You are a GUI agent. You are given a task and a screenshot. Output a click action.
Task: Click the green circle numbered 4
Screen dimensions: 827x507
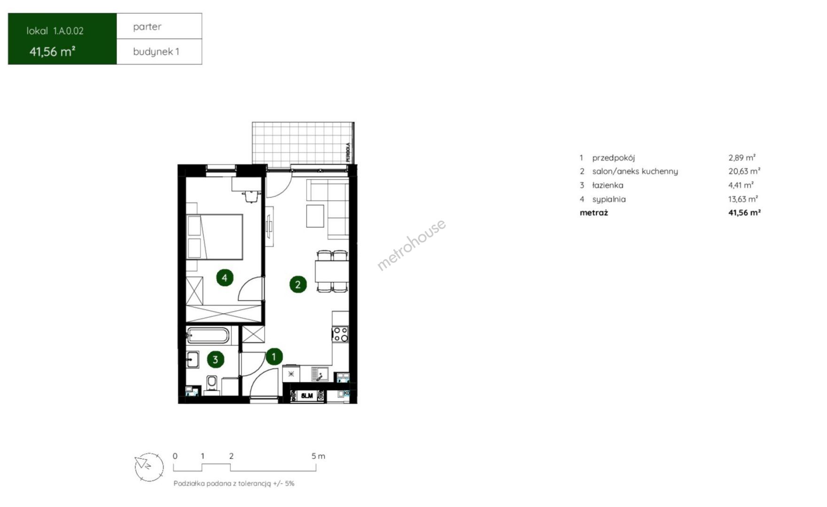point(225,278)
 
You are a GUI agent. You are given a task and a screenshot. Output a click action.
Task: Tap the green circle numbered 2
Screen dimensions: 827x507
point(298,284)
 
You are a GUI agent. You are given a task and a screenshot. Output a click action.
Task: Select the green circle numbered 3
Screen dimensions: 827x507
point(215,360)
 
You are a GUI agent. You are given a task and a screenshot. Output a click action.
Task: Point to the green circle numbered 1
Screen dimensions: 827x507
point(274,357)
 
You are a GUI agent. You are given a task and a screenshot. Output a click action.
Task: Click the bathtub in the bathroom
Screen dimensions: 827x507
point(208,336)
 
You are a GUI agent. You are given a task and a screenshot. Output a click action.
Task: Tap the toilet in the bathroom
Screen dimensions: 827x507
point(212,383)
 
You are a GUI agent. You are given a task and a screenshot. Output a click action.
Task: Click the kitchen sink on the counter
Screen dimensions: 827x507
point(320,375)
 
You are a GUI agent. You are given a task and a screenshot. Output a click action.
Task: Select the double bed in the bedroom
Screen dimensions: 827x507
point(215,237)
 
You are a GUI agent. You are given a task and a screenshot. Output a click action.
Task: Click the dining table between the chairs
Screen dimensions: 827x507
point(332,271)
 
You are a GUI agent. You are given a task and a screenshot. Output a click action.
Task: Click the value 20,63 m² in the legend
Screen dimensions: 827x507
point(744,171)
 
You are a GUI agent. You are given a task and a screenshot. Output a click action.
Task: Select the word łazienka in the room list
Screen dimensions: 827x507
point(608,185)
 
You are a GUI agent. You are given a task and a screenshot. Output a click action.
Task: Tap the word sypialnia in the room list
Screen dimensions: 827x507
point(609,200)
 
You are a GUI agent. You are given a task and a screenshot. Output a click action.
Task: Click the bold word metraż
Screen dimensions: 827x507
point(594,213)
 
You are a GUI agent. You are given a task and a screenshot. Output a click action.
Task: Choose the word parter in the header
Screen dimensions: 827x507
point(147,27)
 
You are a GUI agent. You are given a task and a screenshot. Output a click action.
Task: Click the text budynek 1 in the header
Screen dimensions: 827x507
point(156,52)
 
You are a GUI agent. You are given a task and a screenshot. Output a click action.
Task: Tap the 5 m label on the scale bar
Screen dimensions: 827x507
point(318,456)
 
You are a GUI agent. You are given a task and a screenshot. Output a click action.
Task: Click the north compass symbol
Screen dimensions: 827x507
point(149,467)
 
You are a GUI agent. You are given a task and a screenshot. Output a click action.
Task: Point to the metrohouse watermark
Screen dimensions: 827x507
point(412,245)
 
